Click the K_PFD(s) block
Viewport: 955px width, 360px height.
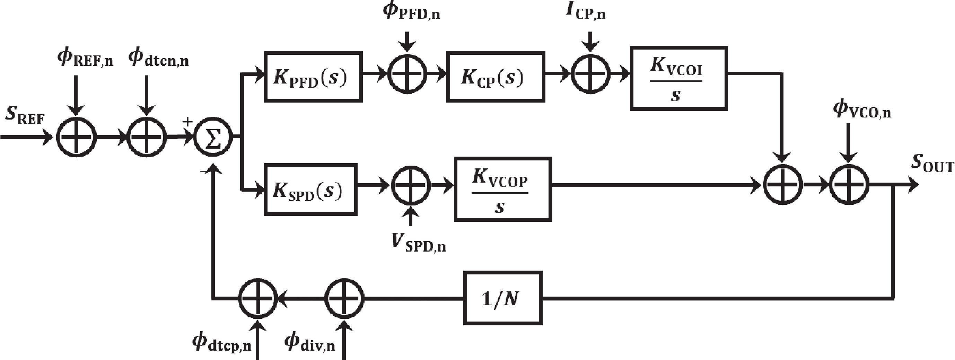pos(313,77)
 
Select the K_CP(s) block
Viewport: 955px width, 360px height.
pos(496,77)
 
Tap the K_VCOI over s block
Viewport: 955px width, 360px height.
pos(678,78)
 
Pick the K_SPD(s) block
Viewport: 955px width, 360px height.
pos(310,190)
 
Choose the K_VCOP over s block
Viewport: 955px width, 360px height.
pos(503,190)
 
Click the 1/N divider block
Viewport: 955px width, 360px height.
pos(503,298)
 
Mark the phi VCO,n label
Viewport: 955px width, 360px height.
pos(861,110)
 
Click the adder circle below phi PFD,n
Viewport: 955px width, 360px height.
pos(407,73)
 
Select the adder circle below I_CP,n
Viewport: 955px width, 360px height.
pos(590,73)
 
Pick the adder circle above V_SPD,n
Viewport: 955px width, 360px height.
pos(411,185)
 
